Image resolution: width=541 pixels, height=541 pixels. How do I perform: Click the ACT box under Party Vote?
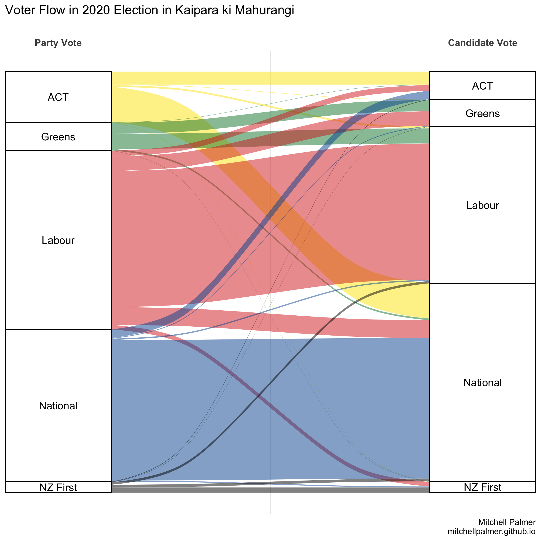[x=58, y=97]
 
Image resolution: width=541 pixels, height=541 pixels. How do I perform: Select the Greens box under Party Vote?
[x=58, y=137]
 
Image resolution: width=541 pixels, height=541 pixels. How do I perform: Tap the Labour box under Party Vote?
[x=58, y=240]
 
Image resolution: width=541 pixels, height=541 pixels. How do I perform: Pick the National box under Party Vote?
[x=58, y=405]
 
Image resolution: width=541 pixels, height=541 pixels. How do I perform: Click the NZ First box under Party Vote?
[x=58, y=487]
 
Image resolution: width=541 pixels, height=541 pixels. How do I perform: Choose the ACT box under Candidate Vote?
[x=482, y=86]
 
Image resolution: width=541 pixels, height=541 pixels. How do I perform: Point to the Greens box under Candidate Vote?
[x=482, y=113]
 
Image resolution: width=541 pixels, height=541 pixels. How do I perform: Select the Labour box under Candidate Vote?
[x=482, y=205]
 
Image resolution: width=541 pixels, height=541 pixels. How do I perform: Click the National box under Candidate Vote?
[x=482, y=383]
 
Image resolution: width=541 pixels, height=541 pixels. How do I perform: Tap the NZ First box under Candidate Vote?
[x=482, y=487]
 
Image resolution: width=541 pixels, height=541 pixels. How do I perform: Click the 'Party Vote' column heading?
[x=58, y=43]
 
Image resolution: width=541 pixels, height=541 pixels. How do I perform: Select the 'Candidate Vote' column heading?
[x=482, y=43]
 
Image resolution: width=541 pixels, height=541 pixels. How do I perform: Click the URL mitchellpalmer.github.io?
[x=492, y=531]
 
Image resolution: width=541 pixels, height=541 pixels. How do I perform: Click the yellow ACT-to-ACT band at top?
[x=270, y=78]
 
